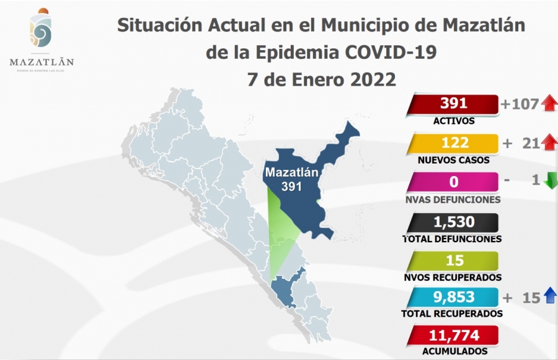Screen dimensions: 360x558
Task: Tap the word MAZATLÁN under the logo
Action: coord(42,61)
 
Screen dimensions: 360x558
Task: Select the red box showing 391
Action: coord(453,104)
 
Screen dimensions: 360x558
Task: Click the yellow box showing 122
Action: coord(453,143)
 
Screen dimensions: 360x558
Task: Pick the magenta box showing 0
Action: coord(453,182)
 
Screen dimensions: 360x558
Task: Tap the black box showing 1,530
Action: coord(453,221)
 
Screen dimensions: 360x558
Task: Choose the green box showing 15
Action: coord(453,260)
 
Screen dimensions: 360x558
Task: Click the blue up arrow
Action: coord(549,297)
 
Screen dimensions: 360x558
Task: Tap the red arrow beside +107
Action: coord(549,103)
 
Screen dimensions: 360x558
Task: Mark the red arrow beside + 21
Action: coord(549,143)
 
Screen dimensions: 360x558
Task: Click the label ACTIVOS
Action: coord(454,121)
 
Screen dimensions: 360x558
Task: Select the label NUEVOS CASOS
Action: coord(454,160)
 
